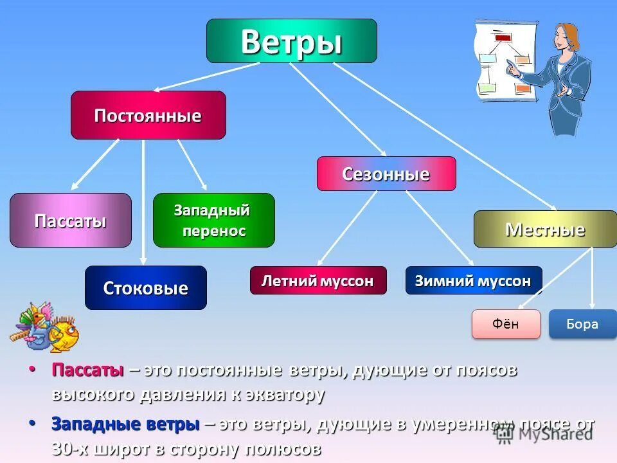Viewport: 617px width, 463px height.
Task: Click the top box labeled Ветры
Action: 291,41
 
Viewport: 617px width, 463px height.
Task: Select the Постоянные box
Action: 148,115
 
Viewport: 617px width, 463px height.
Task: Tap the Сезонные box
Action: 386,174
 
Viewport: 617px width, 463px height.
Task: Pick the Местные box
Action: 544,229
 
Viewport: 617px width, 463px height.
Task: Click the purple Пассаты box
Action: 70,221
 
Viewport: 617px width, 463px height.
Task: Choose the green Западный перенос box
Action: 213,221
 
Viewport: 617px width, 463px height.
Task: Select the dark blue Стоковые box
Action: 146,287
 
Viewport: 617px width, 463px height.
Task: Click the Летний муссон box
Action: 318,280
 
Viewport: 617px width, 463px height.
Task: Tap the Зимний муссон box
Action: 473,280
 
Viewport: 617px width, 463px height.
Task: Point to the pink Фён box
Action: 505,324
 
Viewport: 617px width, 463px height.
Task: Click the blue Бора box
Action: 582,324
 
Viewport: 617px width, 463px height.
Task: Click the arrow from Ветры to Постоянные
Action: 206,77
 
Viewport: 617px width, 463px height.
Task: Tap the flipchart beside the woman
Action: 506,61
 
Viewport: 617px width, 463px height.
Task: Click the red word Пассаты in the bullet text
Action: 87,371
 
